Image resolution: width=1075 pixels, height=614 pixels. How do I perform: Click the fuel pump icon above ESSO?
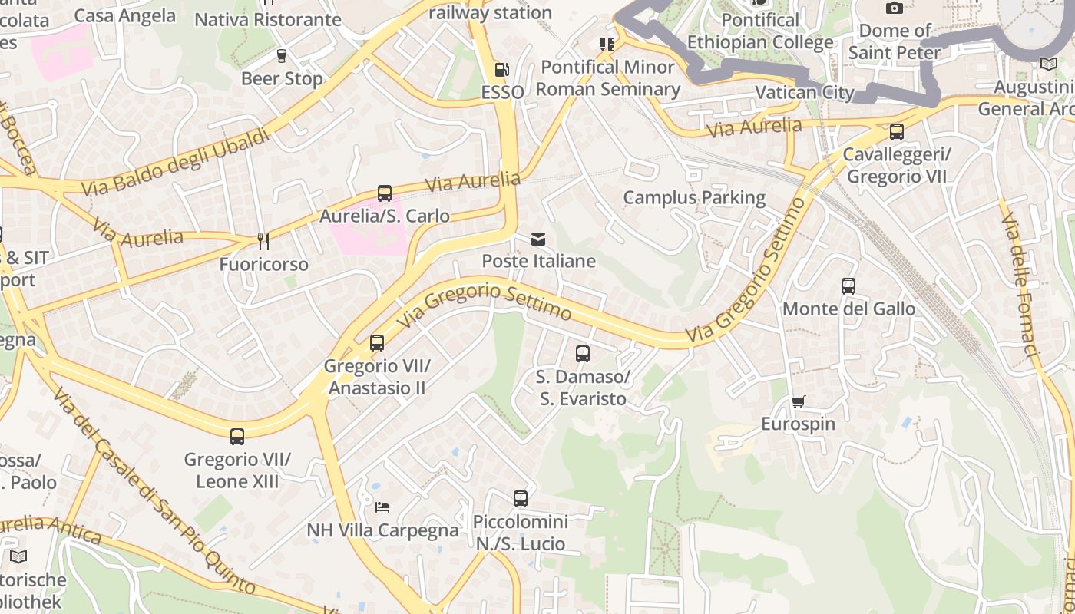point(501,70)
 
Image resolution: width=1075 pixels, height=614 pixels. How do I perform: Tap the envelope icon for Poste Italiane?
point(538,239)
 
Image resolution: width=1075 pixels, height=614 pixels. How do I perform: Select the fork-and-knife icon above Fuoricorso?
point(263,242)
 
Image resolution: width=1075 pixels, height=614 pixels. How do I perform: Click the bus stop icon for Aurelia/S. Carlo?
point(385,193)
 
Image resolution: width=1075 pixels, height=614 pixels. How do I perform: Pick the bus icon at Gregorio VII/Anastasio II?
point(376,343)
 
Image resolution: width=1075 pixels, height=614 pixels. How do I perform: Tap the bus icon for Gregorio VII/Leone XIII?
point(237,437)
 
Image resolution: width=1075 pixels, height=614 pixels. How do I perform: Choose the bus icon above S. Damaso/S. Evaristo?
point(583,354)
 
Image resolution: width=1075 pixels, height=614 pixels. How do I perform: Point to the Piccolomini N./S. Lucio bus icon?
point(521,499)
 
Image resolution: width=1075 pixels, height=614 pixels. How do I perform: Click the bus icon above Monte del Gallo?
point(848,286)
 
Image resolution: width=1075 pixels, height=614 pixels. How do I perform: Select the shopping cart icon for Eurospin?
point(799,401)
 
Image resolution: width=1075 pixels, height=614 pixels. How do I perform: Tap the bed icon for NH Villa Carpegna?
point(382,507)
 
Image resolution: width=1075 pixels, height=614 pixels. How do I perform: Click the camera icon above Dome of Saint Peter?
point(895,8)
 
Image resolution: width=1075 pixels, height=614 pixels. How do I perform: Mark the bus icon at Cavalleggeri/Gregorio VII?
point(897,132)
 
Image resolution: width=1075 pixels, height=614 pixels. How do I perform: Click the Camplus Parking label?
point(694,197)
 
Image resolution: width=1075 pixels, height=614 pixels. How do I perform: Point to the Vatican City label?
point(805,93)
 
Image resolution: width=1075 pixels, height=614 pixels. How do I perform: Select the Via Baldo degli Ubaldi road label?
point(176,161)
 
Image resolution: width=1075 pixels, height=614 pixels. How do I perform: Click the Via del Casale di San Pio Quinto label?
point(154,491)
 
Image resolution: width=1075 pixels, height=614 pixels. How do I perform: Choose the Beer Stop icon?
point(281,56)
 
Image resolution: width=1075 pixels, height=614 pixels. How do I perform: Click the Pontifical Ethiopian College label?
point(760,31)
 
